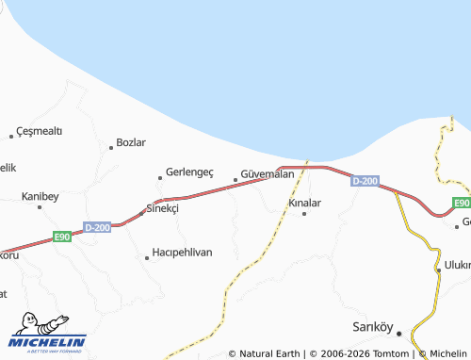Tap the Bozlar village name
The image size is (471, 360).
click(x=130, y=142)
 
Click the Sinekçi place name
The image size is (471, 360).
click(x=162, y=208)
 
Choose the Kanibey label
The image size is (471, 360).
click(x=41, y=196)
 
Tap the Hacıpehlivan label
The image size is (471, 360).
click(x=182, y=253)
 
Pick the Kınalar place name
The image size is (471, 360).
click(x=304, y=203)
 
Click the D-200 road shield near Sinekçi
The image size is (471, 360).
click(x=97, y=227)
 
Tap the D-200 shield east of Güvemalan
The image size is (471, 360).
click(x=365, y=181)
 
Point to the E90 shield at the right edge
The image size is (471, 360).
click(x=461, y=203)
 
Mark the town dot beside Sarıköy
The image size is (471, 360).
click(x=398, y=332)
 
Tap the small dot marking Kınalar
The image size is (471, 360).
click(x=303, y=214)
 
